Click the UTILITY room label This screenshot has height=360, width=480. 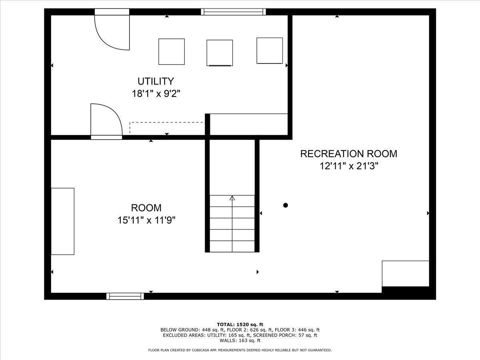tap(156, 81)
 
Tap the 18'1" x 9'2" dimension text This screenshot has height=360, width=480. tap(156, 94)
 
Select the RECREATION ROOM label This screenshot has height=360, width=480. tap(348, 154)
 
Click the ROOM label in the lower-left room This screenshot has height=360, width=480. tap(146, 208)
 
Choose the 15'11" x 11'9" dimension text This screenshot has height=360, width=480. tap(146, 220)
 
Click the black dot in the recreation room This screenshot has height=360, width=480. tap(285, 205)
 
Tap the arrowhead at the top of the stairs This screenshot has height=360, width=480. tap(232, 198)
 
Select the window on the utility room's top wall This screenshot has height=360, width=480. tap(233, 12)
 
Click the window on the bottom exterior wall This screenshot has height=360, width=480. tap(125, 296)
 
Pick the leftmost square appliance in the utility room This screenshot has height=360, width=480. tap(172, 52)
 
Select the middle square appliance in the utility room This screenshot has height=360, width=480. tap(220, 53)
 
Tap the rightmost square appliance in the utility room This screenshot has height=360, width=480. tap(270, 51)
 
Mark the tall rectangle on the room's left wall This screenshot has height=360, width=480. tap(62, 221)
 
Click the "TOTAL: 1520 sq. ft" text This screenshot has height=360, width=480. tap(240, 324)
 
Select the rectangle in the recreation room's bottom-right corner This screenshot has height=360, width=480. tap(406, 274)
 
